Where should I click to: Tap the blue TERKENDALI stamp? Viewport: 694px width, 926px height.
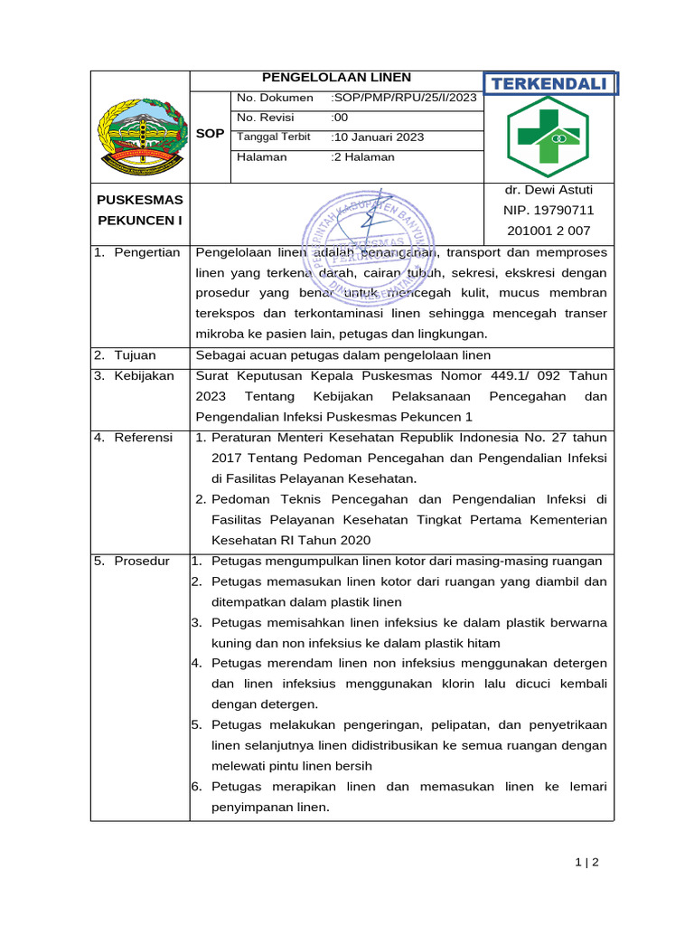[x=549, y=84]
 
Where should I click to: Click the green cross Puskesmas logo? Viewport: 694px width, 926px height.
[x=548, y=136]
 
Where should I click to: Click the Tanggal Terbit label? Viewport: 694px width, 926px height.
[x=273, y=137]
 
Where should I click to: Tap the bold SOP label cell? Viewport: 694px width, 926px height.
[x=210, y=133]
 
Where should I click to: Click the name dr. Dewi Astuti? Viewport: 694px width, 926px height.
[x=548, y=190]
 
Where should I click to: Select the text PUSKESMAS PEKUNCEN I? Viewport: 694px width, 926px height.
[x=140, y=210]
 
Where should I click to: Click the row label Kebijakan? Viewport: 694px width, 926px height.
[x=144, y=375]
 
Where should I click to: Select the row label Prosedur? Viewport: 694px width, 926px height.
[x=141, y=561]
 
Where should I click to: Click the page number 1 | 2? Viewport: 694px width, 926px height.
[x=586, y=862]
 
